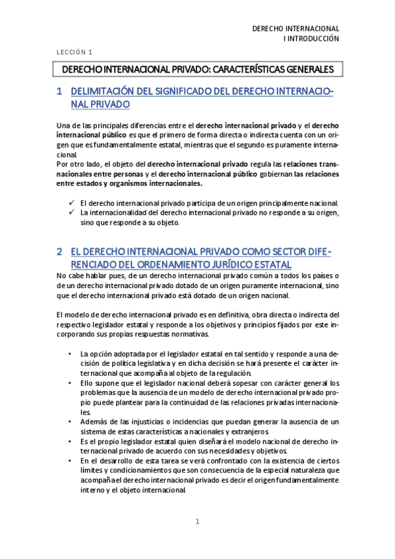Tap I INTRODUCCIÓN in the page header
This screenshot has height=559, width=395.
(x=311, y=39)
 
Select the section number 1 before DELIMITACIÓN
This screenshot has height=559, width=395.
(x=59, y=92)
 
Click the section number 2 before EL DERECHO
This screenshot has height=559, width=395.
(x=59, y=251)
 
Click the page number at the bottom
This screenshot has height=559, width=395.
(x=197, y=521)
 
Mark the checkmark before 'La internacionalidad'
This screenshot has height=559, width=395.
(x=71, y=213)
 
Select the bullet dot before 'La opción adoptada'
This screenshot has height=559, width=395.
(x=71, y=353)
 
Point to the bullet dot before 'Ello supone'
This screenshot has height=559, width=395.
(x=71, y=383)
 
